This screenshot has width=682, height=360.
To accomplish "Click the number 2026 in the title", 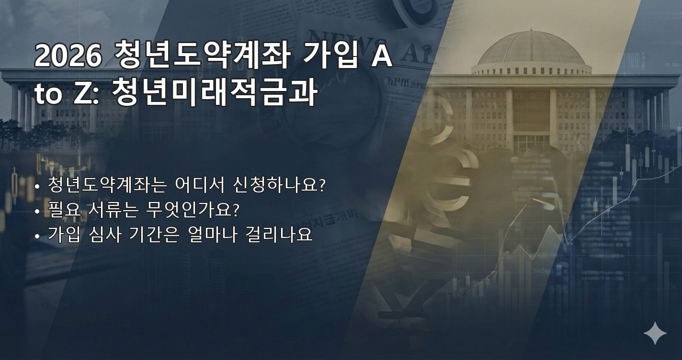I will (68, 56).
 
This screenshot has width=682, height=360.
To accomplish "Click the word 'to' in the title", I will (48, 94).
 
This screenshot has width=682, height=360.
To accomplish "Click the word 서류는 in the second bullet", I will (119, 209).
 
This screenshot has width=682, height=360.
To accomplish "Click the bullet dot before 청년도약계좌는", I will (37, 186).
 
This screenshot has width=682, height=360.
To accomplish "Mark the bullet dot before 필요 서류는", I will (37, 211).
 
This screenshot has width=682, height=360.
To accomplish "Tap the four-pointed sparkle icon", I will (655, 333).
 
